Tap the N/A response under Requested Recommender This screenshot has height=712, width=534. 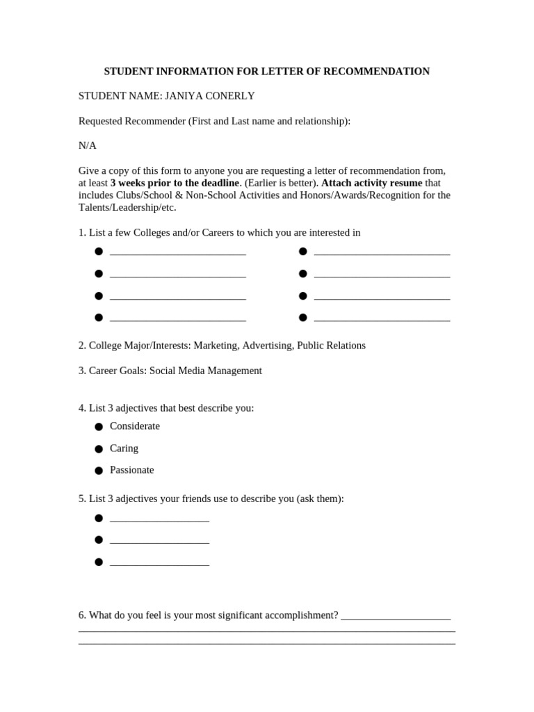tap(88, 145)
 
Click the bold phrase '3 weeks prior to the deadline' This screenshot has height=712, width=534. tap(175, 183)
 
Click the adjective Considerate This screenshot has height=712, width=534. tap(135, 426)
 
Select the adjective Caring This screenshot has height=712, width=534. tap(124, 448)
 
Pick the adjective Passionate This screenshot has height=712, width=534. tap(132, 470)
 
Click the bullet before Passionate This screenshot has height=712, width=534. tap(99, 471)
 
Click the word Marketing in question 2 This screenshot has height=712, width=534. tap(215, 346)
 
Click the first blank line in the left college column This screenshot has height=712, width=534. tap(178, 253)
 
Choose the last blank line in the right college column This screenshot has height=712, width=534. tap(382, 319)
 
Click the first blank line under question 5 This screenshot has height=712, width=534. tap(159, 520)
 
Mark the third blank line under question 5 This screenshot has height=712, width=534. tap(159, 564)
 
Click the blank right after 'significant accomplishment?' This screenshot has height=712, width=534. tap(396, 617)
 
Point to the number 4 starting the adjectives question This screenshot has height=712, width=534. tap(81, 408)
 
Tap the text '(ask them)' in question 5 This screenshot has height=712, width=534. tap(320, 499)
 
